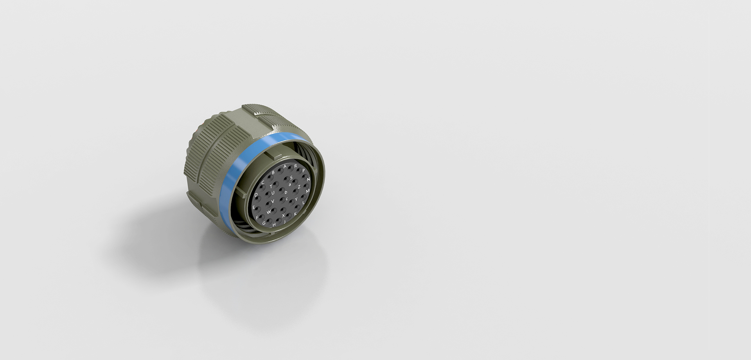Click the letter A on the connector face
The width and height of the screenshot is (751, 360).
pyautogui.click(x=285, y=166)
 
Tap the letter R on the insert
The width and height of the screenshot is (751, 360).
pyautogui.click(x=296, y=166)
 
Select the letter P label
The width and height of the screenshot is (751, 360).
pyautogui.click(x=304, y=171)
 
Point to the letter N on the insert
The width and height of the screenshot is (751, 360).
pyautogui.click(x=309, y=180)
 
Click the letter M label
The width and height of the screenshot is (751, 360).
pyautogui.click(x=308, y=191)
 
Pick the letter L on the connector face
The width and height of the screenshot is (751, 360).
pyautogui.click(x=304, y=203)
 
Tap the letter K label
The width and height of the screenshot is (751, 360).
pyautogui.click(x=295, y=214)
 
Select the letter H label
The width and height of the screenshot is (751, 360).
pyautogui.click(x=274, y=225)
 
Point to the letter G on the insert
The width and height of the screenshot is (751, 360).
pyautogui.click(x=264, y=223)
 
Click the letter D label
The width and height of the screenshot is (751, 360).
pyautogui.click(x=256, y=195)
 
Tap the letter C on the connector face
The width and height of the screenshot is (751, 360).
pyautogui.click(x=263, y=182)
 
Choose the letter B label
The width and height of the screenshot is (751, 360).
pyautogui.click(x=273, y=172)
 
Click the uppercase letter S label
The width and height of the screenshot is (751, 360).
pyautogui.click(x=291, y=178)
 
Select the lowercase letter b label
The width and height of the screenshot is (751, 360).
pyautogui.click(x=286, y=192)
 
